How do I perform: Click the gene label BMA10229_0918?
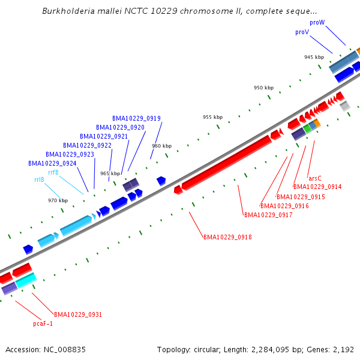pyautogui.click(x=227, y=237)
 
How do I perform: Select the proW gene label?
pyautogui.click(x=317, y=22)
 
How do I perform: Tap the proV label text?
pyautogui.click(x=302, y=32)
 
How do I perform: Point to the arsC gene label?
pyautogui.click(x=314, y=178)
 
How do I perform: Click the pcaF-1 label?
pyautogui.click(x=43, y=323)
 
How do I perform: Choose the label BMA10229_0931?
pyautogui.click(x=78, y=314)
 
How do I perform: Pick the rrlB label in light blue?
pyautogui.click(x=39, y=179)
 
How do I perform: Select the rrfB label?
pyautogui.click(x=53, y=172)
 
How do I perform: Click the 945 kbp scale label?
pyautogui.click(x=314, y=57)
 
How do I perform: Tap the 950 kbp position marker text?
pyautogui.click(x=263, y=88)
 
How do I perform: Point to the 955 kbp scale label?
pyautogui.click(x=212, y=117)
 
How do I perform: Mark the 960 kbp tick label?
pyautogui.click(x=161, y=146)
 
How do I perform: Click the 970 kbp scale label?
pyautogui.click(x=58, y=200)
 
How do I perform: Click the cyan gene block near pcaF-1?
pyautogui.click(x=26, y=280)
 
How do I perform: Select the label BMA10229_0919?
pyautogui.click(x=136, y=118)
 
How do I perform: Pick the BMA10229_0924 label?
pyautogui.click(x=52, y=163)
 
